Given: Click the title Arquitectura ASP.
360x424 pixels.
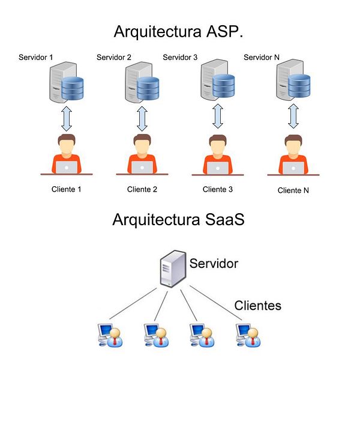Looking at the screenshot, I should tap(178, 31).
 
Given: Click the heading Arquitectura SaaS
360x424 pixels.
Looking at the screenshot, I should tap(178, 220).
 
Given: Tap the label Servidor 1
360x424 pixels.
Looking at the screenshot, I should tap(36, 58).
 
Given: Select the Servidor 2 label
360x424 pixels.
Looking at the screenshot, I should tap(113, 58).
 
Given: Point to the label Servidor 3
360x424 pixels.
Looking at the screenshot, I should tap(180, 58).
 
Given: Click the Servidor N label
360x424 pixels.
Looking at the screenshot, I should tap(262, 58).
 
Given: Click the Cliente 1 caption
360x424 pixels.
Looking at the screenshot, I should tap(67, 190).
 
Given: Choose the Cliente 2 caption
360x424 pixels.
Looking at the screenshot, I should tap(142, 190).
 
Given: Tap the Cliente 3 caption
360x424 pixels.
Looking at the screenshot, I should tap(218, 190).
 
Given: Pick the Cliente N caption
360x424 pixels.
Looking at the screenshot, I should tap(293, 190).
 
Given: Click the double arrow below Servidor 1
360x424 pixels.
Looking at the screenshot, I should tap(67, 119).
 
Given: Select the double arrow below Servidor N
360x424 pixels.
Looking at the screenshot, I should tap(293, 117).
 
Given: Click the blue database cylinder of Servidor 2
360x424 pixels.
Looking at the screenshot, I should tap(148, 89).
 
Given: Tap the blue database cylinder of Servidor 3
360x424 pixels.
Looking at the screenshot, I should tap(223, 86).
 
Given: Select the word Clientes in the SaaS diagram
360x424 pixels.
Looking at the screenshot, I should tap(257, 305).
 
